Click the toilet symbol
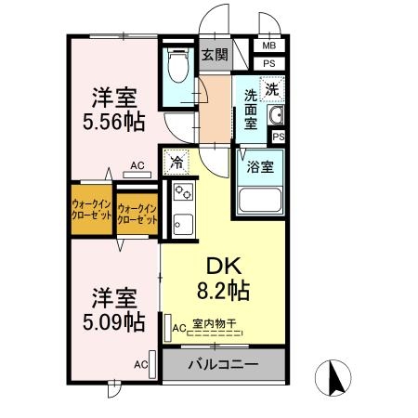178,64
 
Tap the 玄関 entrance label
215,55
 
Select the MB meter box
269,46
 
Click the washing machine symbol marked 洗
272,89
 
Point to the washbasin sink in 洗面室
275,115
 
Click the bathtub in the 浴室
260,200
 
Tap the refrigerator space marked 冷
176,163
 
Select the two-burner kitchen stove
183,192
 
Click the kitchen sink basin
183,224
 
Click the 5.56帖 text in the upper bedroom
114,122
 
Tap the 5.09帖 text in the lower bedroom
114,322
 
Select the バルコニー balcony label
223,364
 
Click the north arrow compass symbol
333,378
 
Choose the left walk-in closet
92,210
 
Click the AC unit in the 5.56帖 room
137,175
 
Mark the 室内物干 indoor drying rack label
215,324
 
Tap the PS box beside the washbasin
279,137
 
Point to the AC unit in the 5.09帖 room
152,364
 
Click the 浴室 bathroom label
260,167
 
